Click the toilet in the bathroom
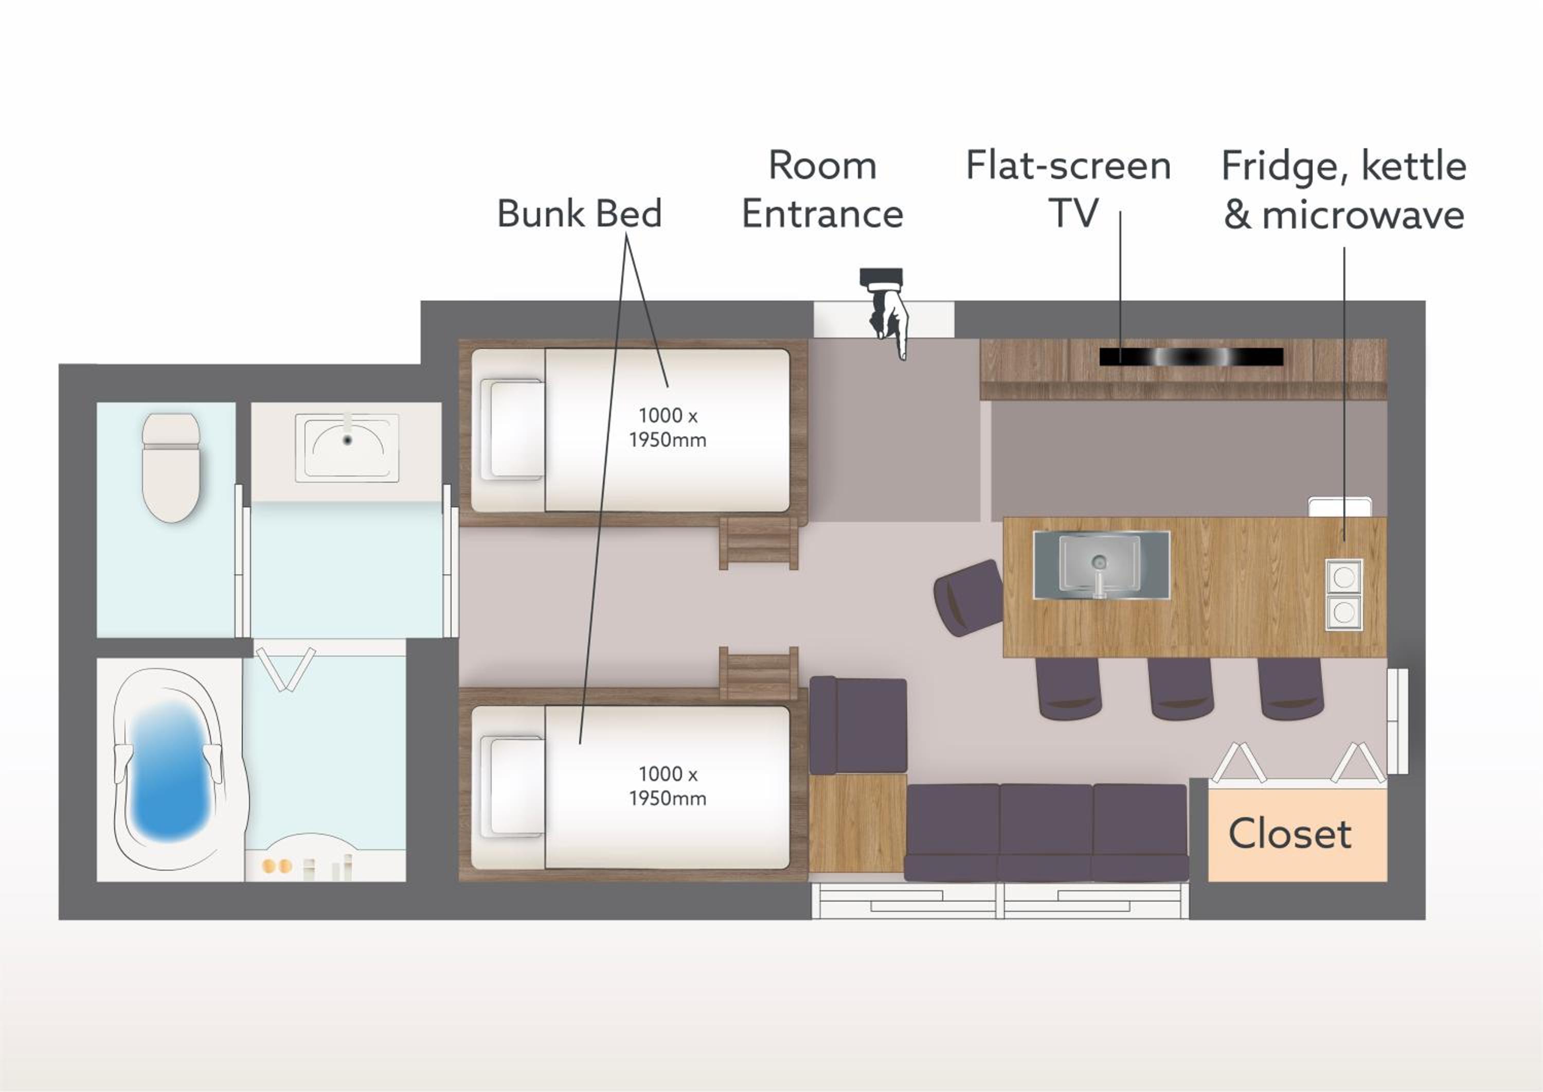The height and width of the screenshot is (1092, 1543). click(171, 467)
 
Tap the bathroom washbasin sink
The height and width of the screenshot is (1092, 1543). click(347, 448)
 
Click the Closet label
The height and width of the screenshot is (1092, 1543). click(1289, 835)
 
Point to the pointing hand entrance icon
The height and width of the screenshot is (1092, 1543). click(886, 313)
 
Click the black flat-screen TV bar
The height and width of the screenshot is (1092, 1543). click(1191, 357)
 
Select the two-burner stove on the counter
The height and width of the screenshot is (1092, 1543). click(1344, 594)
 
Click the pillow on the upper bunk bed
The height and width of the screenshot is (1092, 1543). click(515, 430)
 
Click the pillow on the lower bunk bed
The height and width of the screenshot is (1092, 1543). click(515, 787)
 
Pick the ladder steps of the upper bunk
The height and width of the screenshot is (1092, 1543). click(759, 542)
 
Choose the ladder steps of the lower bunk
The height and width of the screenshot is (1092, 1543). click(759, 673)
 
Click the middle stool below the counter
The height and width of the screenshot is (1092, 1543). click(1180, 689)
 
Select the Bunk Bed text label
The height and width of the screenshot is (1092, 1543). click(579, 214)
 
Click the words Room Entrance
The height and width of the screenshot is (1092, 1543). click(822, 189)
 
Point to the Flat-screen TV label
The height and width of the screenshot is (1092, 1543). click(1069, 189)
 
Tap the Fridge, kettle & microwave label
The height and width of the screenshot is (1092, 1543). click(1344, 190)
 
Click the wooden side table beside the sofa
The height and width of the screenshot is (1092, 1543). click(857, 823)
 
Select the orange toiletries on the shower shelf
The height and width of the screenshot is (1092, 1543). click(277, 866)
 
